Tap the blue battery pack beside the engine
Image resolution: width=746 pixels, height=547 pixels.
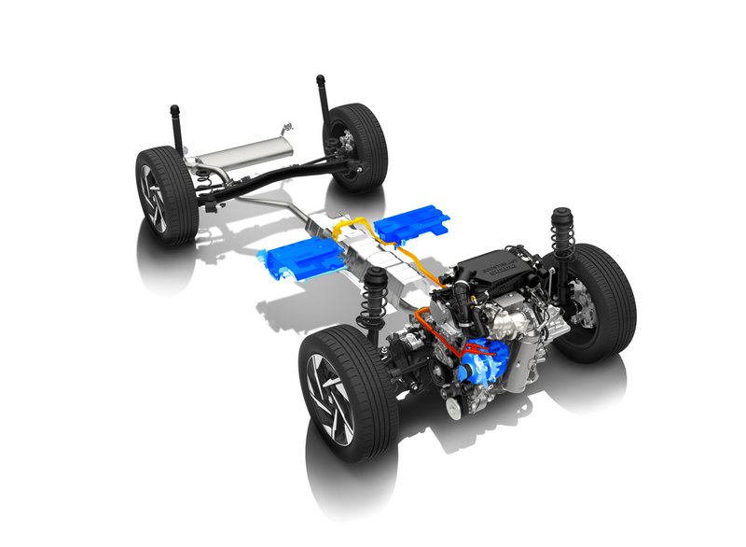(x=411, y=224)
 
